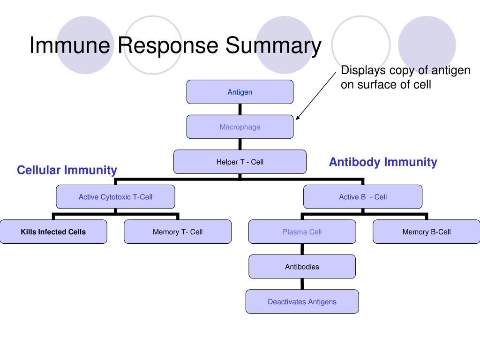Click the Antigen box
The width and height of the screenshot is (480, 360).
click(x=240, y=92)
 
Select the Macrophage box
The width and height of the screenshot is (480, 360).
click(x=240, y=127)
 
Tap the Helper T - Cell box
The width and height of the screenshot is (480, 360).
click(x=240, y=162)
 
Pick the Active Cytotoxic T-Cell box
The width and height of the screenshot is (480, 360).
click(x=115, y=196)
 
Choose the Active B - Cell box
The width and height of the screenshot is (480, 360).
click(x=363, y=196)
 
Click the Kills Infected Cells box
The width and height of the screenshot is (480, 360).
click(x=53, y=232)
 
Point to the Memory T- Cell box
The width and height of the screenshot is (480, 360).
click(x=178, y=232)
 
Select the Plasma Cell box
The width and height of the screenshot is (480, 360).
click(x=302, y=232)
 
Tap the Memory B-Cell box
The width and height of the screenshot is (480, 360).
click(x=427, y=232)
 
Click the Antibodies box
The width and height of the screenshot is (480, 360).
click(x=302, y=266)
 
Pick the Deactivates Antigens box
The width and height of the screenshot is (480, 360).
click(x=302, y=301)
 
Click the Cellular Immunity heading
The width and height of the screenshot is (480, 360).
click(x=67, y=170)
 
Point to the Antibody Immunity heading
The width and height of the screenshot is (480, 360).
click(x=383, y=162)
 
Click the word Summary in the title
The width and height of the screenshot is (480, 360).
click(x=273, y=46)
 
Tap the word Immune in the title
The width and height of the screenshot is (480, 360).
click(x=70, y=45)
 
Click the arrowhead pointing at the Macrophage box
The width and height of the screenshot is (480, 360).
click(x=298, y=118)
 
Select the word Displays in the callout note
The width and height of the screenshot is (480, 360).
click(x=363, y=70)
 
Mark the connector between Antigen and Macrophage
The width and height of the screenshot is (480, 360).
click(x=240, y=109)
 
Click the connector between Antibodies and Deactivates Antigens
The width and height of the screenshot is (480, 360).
click(x=302, y=284)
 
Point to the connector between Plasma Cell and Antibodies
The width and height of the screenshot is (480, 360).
click(x=302, y=249)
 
